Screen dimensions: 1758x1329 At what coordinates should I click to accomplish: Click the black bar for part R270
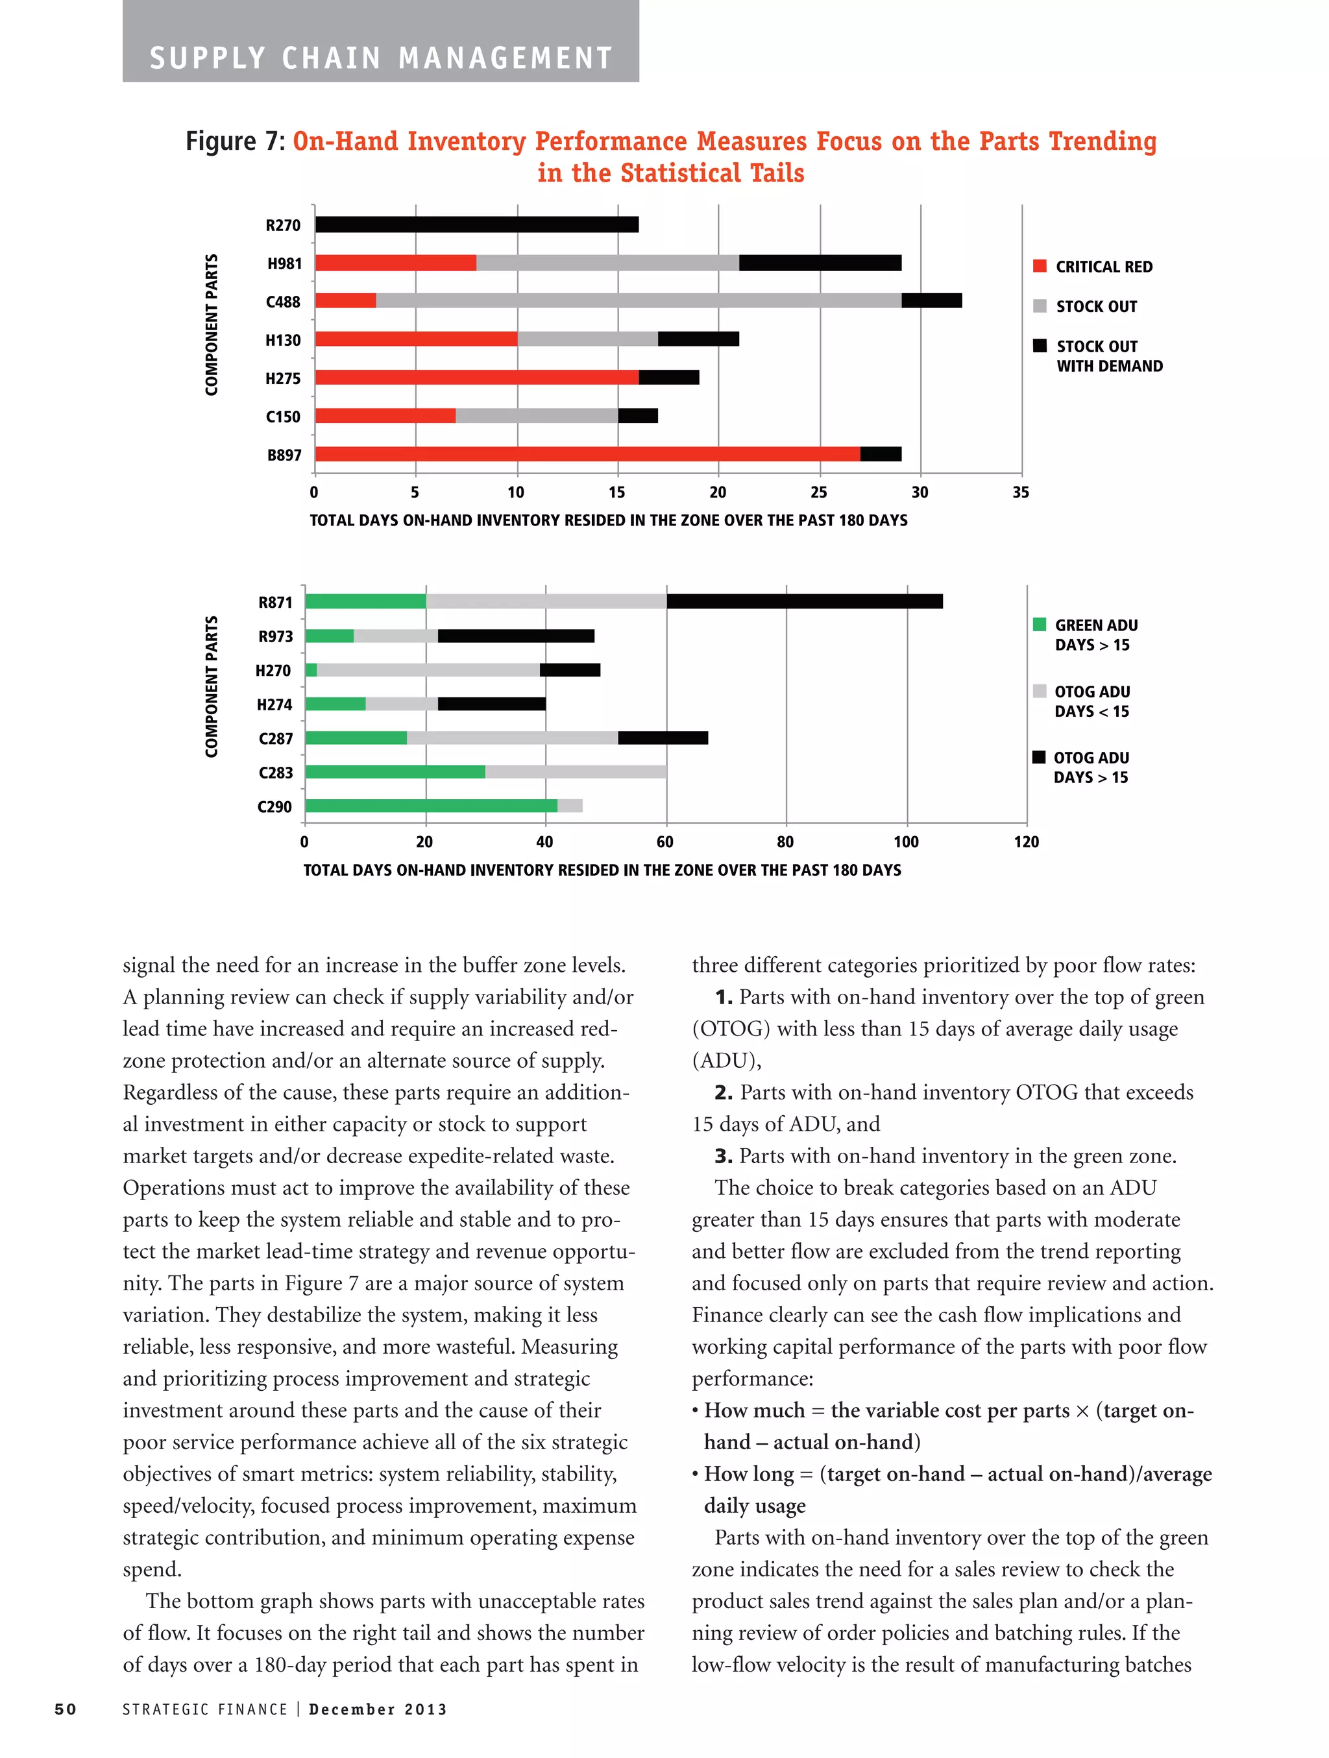(477, 225)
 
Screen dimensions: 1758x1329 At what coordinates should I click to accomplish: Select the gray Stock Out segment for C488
(639, 301)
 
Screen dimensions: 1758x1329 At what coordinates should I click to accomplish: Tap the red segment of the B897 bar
(587, 455)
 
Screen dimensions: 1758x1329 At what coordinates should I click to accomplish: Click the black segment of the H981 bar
(820, 263)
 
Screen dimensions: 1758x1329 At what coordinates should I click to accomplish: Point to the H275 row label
(283, 379)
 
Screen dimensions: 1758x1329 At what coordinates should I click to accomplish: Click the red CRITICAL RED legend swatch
(1040, 266)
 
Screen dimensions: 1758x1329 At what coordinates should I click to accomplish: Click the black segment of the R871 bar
(805, 601)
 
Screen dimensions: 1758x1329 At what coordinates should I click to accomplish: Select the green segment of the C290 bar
(431, 806)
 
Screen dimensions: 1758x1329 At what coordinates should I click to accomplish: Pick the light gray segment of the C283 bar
(576, 772)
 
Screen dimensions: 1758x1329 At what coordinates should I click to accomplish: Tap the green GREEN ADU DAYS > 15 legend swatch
(1039, 625)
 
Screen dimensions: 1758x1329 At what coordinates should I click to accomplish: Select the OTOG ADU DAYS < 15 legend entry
(1091, 702)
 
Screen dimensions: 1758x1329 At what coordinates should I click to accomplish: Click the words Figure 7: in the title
(236, 141)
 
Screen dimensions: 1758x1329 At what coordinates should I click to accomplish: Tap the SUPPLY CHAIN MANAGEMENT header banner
(381, 58)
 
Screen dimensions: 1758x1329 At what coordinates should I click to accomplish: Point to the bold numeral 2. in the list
(724, 1093)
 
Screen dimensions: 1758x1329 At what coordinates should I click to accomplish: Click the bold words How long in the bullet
(748, 1475)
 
